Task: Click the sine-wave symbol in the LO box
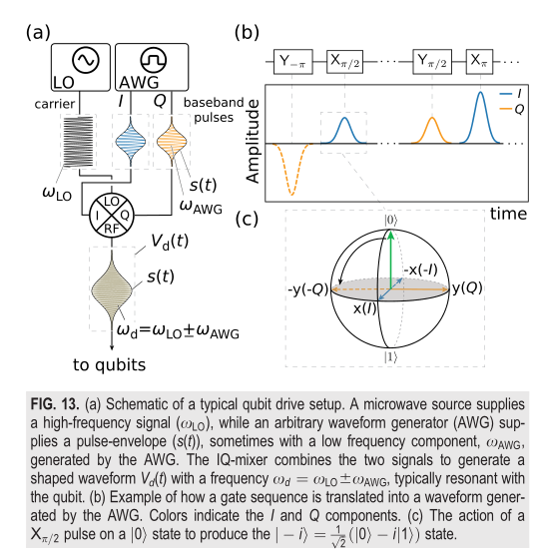coord(86,60)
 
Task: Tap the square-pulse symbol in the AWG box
coord(154,60)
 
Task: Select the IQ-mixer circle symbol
coord(112,216)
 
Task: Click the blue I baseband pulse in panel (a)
coord(131,142)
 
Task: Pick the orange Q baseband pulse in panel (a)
coord(172,142)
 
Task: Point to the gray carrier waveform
coord(79,142)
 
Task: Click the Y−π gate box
coord(293,62)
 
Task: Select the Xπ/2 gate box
coord(345,62)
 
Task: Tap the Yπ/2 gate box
coord(432,62)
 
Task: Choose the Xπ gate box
coord(479,62)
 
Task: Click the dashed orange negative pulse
coord(291,169)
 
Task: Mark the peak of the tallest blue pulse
coord(480,92)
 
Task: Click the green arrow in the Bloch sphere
coord(390,259)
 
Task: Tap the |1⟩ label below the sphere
coord(391,357)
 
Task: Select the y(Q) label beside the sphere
coord(467,287)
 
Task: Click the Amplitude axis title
coord(253,141)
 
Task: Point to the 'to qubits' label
coord(109,365)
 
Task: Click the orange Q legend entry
coord(512,109)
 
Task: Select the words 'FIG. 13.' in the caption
coord(55,404)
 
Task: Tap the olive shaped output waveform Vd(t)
coord(112,290)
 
